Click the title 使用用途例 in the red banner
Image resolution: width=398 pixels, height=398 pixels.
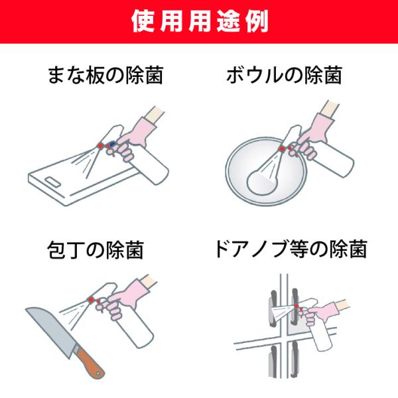[200, 21]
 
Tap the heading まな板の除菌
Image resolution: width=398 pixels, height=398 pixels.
[105, 75]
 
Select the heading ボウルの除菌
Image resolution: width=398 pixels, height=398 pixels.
[284, 75]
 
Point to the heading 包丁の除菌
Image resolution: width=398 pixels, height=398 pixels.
[96, 250]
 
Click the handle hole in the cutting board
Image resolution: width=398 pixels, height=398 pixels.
[52, 181]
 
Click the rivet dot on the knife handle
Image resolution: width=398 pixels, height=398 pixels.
[98, 373]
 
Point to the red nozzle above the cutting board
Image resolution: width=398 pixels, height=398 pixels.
[101, 145]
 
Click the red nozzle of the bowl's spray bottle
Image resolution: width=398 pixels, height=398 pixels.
[281, 149]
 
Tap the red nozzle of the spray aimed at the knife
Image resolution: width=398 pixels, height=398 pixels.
[91, 300]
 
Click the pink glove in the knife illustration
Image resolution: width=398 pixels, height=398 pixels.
[122, 300]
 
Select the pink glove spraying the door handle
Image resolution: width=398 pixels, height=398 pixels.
[320, 312]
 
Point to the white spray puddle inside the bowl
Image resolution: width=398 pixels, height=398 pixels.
[262, 181]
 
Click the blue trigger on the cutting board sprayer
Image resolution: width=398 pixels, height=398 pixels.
[112, 145]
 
